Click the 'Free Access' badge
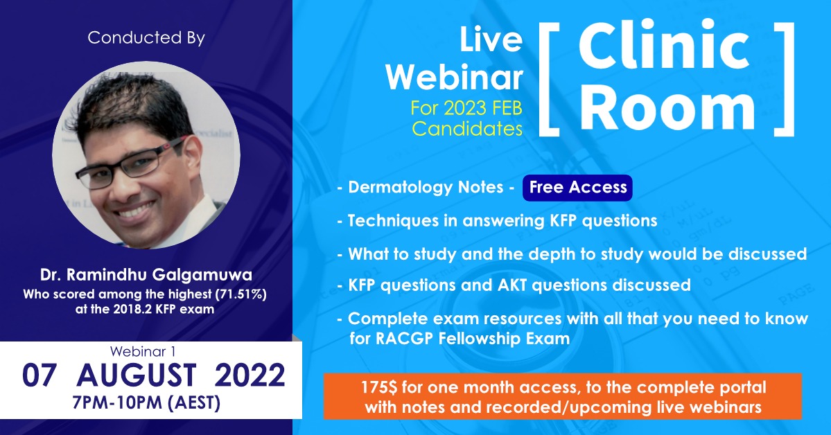click(577, 188)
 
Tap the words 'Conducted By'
click(146, 37)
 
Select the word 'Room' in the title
click(667, 108)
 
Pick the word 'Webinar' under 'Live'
click(454, 78)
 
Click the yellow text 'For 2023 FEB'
click(466, 108)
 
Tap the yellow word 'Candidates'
click(467, 129)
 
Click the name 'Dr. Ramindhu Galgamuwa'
click(146, 275)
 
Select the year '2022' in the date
click(250, 375)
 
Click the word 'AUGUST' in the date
click(137, 375)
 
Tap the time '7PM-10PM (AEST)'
click(146, 403)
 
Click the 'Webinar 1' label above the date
click(143, 351)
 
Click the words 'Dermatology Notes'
click(426, 187)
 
